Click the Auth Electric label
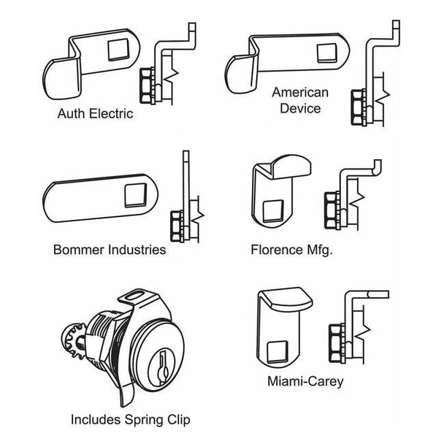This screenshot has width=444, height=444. (95, 114)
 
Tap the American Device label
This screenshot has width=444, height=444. (300, 100)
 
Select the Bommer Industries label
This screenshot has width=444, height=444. (110, 250)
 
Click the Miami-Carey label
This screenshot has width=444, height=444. (306, 380)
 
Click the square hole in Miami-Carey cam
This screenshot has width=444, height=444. (277, 351)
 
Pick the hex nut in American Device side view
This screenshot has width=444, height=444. (358, 102)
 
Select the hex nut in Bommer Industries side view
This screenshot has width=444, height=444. (176, 224)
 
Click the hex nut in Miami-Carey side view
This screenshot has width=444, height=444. (336, 339)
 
